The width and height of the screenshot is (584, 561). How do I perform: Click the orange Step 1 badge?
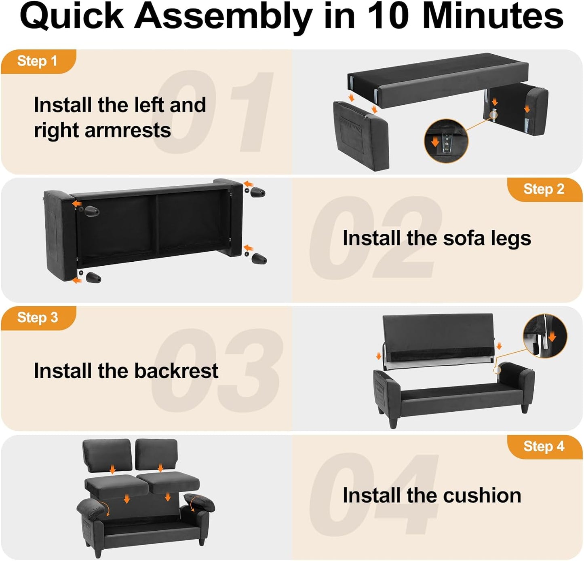(38, 61)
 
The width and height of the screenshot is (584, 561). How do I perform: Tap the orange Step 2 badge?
(545, 190)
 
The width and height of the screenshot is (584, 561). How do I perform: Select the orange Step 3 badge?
(38, 318)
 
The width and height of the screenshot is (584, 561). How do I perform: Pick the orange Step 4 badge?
(545, 447)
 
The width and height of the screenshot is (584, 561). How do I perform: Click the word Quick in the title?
(72, 17)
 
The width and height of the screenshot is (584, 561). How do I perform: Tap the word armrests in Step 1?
(128, 130)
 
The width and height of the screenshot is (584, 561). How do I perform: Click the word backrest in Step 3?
(176, 370)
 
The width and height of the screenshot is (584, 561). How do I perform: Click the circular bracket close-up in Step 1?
(446, 141)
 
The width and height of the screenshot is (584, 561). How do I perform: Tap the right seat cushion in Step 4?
(169, 483)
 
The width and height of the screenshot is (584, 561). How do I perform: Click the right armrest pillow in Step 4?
(199, 503)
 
